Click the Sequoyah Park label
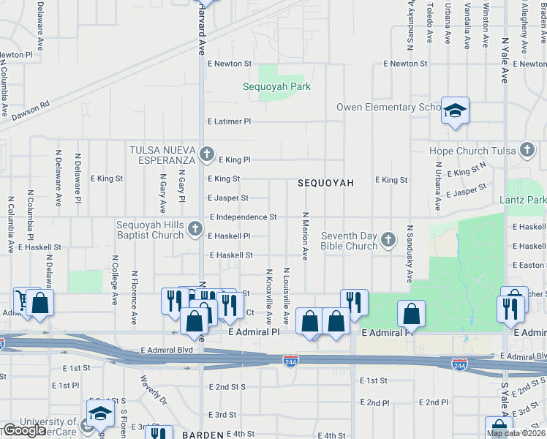click(x=276, y=87)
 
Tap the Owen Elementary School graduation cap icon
click(x=455, y=110)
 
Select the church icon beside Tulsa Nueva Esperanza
click(x=207, y=154)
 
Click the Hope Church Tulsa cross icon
click(x=526, y=151)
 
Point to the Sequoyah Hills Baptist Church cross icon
click(x=195, y=229)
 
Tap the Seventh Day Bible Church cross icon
click(x=388, y=239)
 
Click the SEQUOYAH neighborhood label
click(x=325, y=183)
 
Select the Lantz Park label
click(x=522, y=200)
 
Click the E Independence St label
click(x=243, y=217)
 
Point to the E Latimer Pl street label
click(x=229, y=121)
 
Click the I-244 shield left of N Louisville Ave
click(x=290, y=360)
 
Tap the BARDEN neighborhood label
click(x=201, y=435)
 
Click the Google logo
click(x=24, y=430)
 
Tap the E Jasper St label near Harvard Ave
click(x=228, y=198)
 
